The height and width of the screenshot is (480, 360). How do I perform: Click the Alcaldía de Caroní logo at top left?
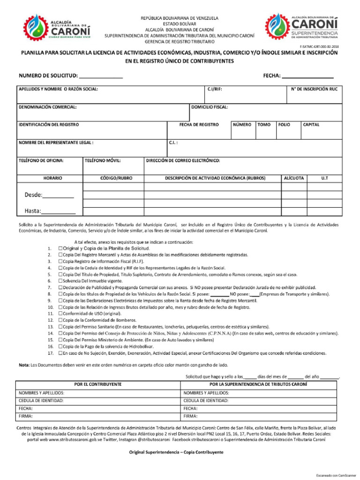[x=57, y=26]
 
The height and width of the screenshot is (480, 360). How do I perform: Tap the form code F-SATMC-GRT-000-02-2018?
[x=319, y=47]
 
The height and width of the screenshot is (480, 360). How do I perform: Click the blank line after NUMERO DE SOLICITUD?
[x=101, y=76]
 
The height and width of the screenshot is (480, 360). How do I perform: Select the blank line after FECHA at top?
[x=307, y=76]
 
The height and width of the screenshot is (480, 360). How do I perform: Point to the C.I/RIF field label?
[x=214, y=89]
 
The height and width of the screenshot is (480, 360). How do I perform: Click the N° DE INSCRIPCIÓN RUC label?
[x=314, y=89]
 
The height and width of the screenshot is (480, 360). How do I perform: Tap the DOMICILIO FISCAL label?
[x=210, y=107]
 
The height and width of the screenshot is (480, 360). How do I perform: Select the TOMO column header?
[x=264, y=125]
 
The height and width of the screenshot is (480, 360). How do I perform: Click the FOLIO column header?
[x=284, y=125]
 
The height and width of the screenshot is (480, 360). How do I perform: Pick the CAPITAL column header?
[x=311, y=125]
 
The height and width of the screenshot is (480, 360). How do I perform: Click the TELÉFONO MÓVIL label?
[x=103, y=160]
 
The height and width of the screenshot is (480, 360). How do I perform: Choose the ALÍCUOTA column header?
[x=293, y=178]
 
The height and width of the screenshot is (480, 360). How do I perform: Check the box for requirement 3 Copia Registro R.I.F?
[x=60, y=261]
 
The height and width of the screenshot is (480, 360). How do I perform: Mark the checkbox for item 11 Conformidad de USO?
[x=60, y=313]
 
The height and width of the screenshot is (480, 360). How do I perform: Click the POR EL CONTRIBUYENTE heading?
[x=98, y=384]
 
